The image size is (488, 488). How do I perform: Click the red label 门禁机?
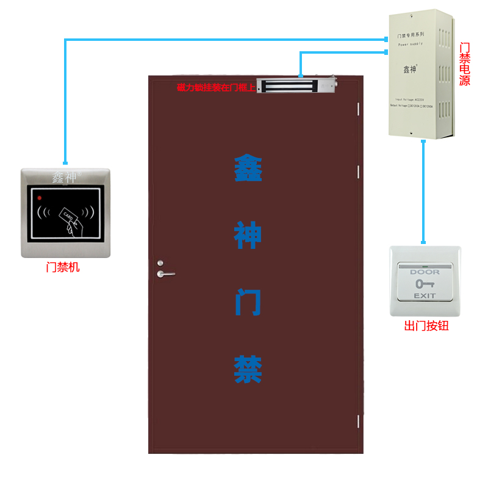pos(63,267)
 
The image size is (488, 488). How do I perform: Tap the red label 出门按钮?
pos(426,326)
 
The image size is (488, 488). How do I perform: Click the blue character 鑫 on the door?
pos(248,168)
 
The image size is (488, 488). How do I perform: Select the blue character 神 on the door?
pos(248,235)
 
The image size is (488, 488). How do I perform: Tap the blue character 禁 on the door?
pos(248,369)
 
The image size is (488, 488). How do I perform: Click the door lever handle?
pos(165,273)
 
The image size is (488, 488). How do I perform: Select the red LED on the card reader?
pos(40,198)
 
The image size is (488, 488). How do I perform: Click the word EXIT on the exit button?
pos(425,296)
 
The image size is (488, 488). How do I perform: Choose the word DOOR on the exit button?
pos(425,272)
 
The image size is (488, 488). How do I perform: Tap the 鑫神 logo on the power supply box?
pos(409,70)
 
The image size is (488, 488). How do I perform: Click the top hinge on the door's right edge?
pos(358,108)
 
